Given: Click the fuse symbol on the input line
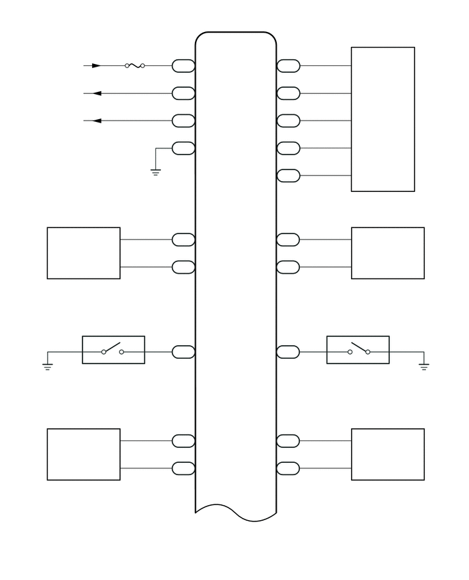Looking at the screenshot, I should (x=134, y=66).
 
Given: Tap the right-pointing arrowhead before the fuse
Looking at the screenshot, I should (x=96, y=66).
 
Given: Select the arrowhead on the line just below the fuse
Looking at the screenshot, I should (x=96, y=93).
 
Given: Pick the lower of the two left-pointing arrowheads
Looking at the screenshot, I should (x=96, y=120).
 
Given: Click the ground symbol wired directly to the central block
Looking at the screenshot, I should (x=155, y=172).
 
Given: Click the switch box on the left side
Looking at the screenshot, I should (x=113, y=350).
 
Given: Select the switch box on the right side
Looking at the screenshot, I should (x=358, y=350).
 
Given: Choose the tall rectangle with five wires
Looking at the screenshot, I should (x=382, y=119).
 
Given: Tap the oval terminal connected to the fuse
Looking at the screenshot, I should (x=183, y=66).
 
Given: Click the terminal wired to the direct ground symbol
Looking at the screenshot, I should (x=183, y=148).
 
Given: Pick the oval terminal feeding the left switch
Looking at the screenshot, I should (x=183, y=352).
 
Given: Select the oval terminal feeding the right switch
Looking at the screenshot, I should (x=288, y=352).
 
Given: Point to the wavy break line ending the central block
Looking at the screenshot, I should (x=235, y=513).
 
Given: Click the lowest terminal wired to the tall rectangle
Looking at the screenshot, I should (x=288, y=176).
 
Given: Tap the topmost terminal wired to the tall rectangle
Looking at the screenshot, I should (x=288, y=66).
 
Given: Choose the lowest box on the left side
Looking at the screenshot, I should (x=83, y=454).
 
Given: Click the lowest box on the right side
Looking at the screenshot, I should (x=387, y=454).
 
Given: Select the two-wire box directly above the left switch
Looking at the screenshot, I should (x=83, y=253).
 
